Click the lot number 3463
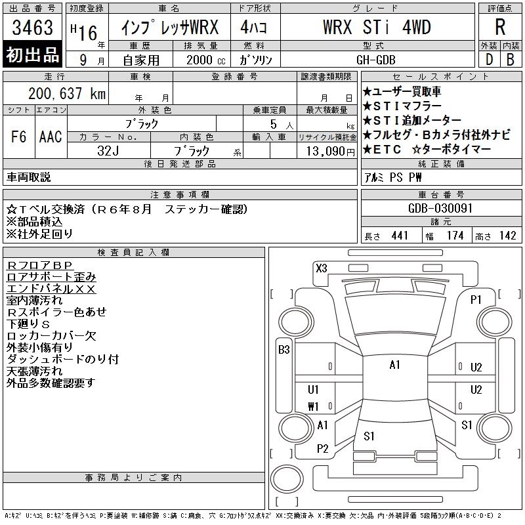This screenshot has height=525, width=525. coord(32,28)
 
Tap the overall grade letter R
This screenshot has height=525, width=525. coord(500,27)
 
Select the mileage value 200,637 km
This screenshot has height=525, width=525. coord(67,93)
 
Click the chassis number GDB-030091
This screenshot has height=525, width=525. coord(440,208)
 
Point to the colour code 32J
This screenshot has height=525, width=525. coord(108,151)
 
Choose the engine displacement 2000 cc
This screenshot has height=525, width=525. coord(206,60)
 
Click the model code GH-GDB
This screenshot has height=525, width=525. coord(376,60)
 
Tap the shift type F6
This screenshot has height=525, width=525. coord(18,136)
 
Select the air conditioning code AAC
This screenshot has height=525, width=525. coord(51,136)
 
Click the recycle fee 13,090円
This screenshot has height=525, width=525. coord(331,152)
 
